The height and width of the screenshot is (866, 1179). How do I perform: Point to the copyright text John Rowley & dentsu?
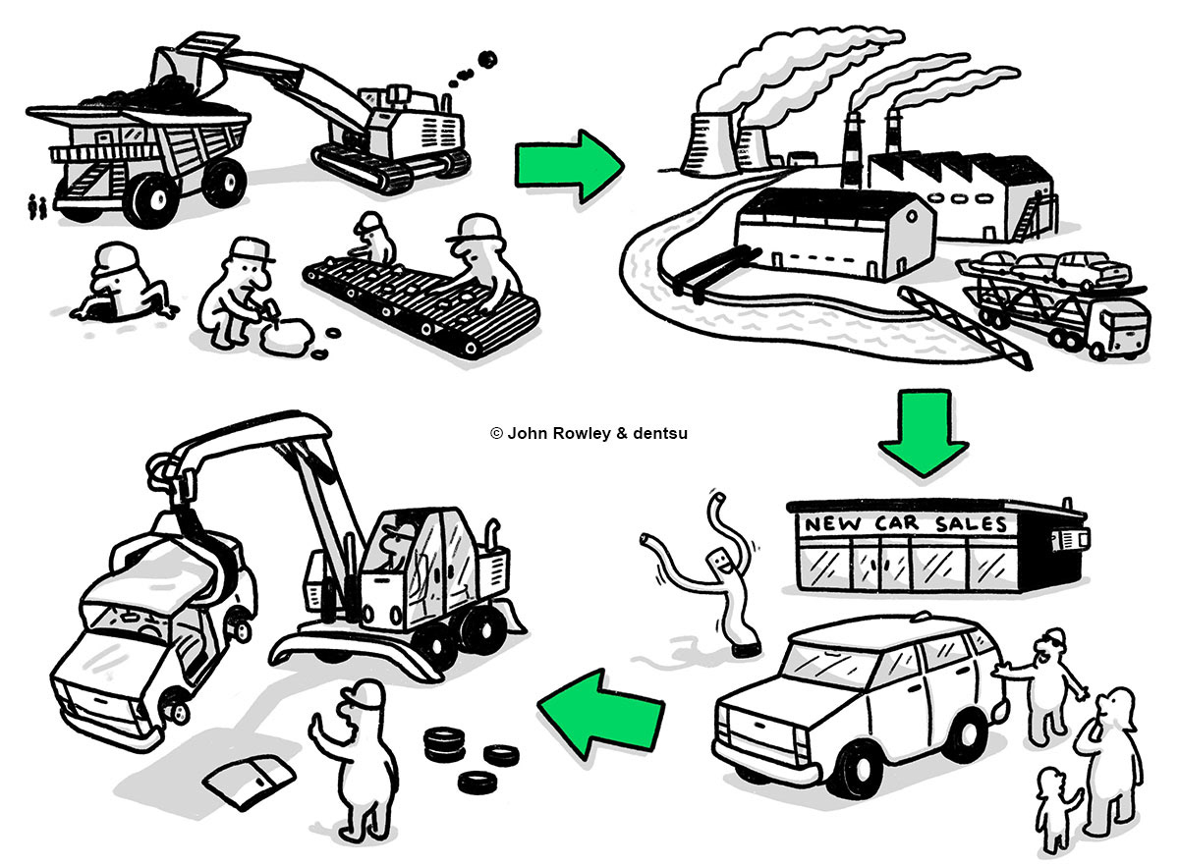(x=589, y=432)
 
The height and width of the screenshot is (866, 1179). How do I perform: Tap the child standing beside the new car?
(x=1054, y=806)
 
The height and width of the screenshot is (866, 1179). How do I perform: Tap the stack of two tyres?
(x=441, y=742)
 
